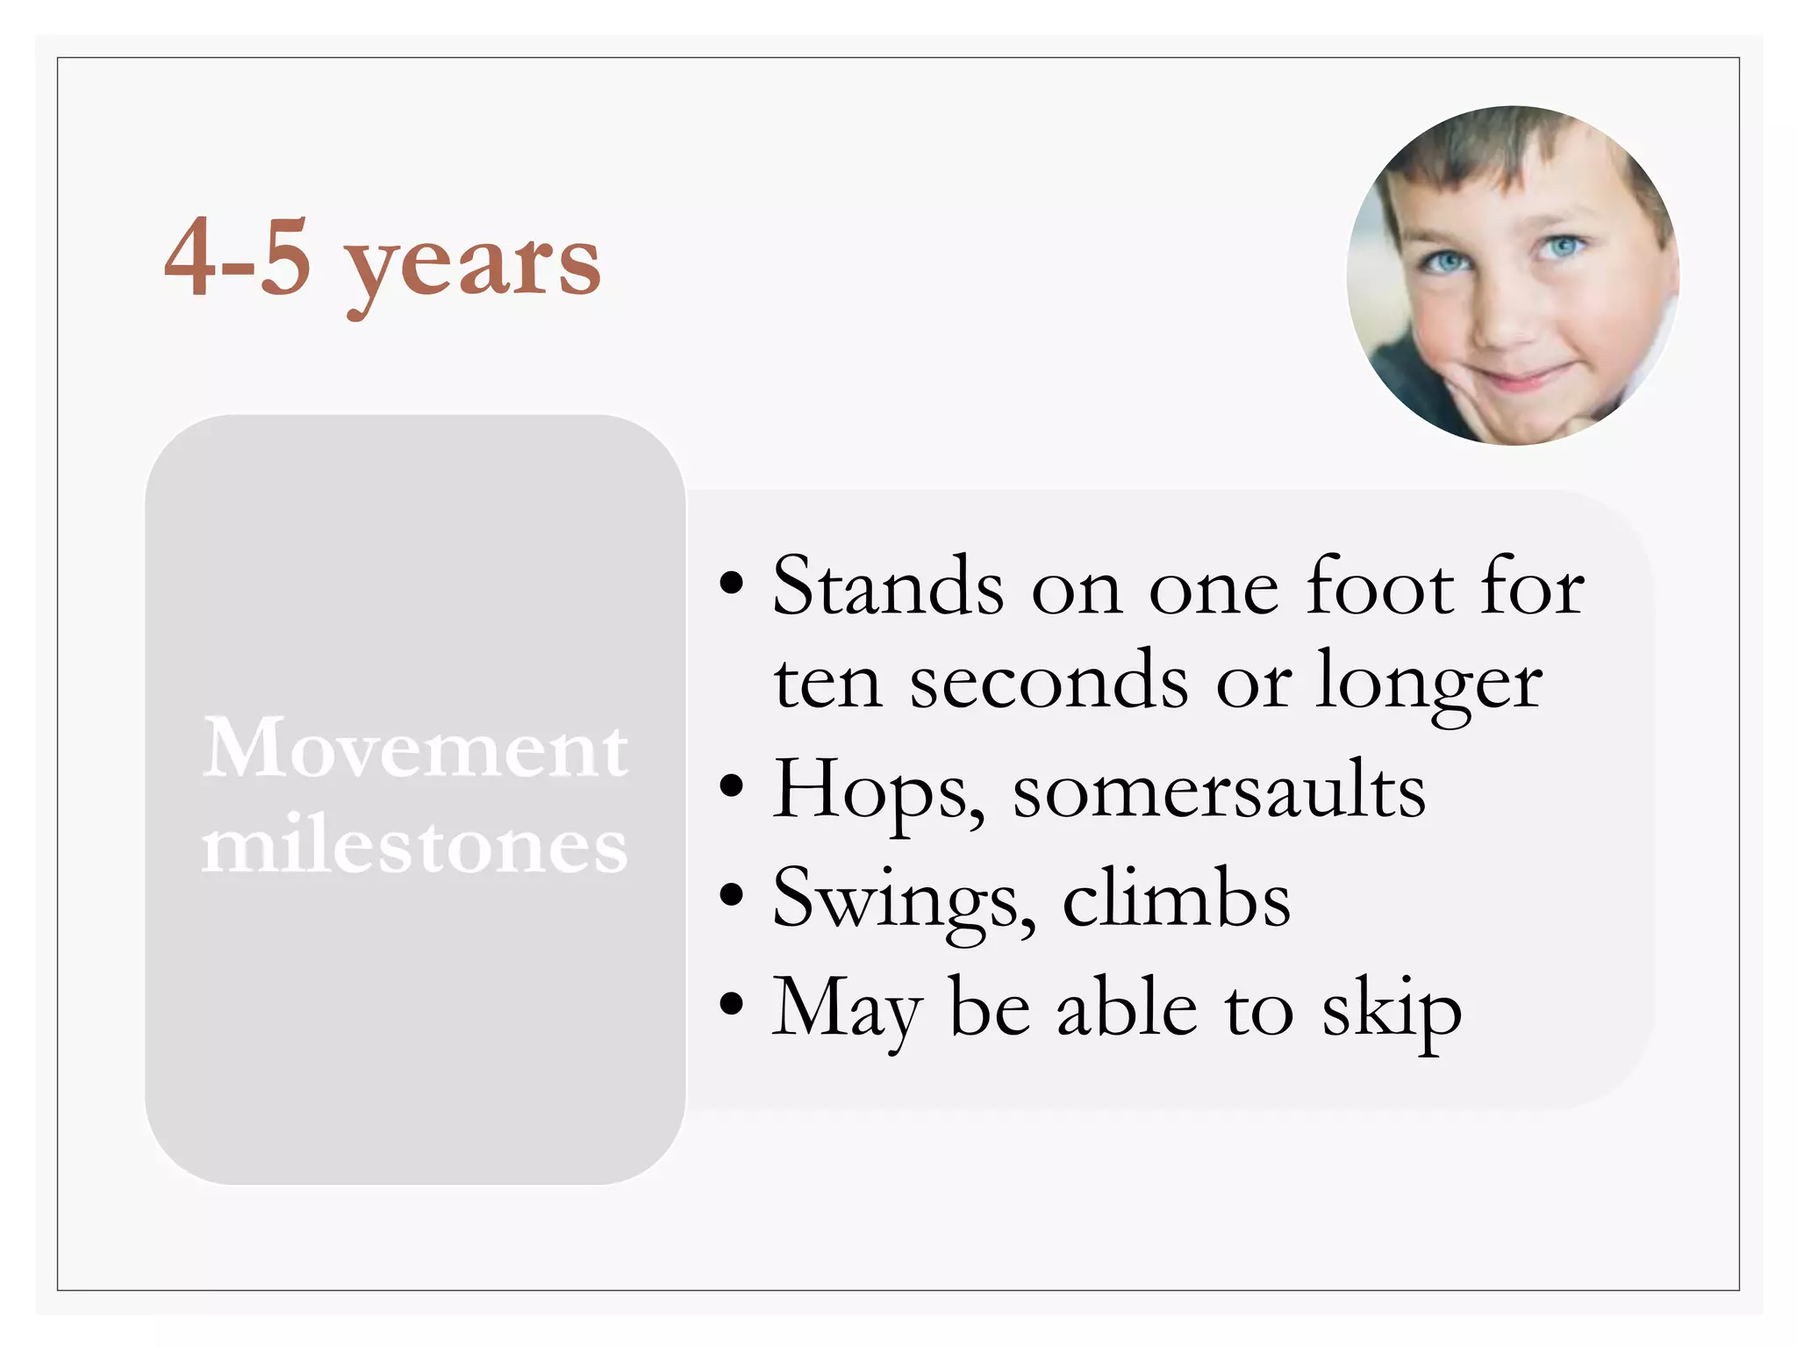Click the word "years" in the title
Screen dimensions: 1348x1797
coord(473,263)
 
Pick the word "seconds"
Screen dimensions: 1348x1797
coord(1049,682)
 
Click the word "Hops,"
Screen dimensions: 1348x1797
coord(878,790)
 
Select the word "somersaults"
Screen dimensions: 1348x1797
coord(1219,790)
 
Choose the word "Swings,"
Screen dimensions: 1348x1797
coord(904,900)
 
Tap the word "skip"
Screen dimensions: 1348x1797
coord(1392,1009)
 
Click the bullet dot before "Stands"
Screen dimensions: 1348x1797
coord(731,584)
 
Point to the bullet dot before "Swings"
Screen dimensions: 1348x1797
coord(731,895)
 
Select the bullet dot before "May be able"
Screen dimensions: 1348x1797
coord(731,1004)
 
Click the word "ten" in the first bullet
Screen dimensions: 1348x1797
coord(827,684)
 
